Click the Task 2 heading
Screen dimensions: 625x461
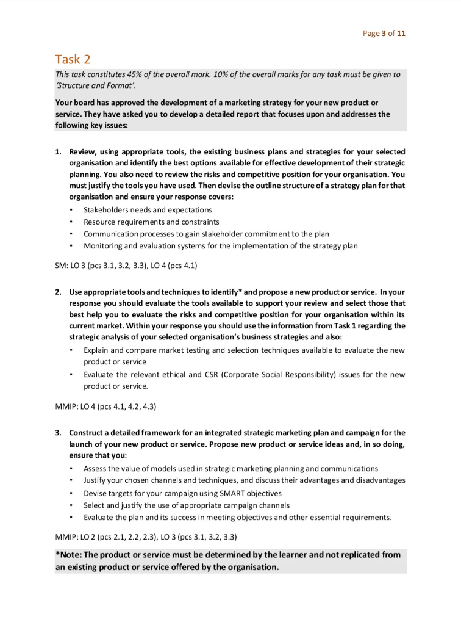[x=73, y=59]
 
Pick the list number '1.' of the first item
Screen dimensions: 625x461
[x=59, y=151]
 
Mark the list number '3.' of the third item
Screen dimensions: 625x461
[x=59, y=433]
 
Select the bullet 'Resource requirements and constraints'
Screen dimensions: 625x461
[x=151, y=222]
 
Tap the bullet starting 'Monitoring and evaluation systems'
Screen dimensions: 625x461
[x=220, y=245]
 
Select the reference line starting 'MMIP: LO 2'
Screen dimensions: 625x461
[x=146, y=537]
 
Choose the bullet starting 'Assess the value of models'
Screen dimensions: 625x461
[x=230, y=468]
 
